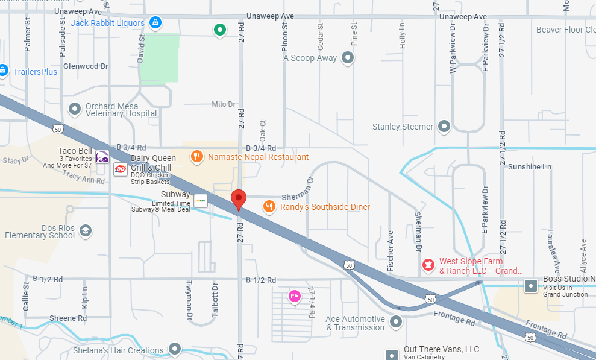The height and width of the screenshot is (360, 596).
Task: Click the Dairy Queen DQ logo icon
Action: [121, 169]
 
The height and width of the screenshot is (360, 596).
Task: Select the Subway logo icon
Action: [200, 200]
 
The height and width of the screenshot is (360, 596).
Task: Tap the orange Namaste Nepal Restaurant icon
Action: [196, 157]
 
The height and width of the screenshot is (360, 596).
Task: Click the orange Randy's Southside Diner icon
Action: [269, 207]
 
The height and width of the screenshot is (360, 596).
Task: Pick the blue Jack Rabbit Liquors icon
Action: [155, 23]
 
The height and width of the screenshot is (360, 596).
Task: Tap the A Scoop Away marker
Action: [347, 58]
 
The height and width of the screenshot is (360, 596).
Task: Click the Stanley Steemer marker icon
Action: [444, 127]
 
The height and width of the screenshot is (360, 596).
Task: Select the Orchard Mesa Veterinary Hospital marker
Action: [75, 109]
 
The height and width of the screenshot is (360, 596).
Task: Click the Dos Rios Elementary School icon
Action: [86, 231]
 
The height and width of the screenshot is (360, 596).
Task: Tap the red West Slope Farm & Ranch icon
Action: [428, 264]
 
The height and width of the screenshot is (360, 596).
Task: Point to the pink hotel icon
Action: [294, 296]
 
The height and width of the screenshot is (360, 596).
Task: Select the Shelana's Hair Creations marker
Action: [175, 349]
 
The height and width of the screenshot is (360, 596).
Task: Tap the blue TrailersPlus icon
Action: [4, 71]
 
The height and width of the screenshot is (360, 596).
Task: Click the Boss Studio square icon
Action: [531, 285]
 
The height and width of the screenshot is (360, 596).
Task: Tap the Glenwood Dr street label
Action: [86, 66]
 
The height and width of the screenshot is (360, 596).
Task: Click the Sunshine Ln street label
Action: [530, 166]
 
